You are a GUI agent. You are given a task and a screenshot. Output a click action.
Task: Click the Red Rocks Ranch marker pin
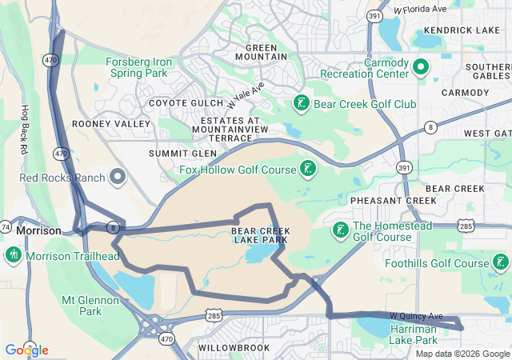coord(118,176)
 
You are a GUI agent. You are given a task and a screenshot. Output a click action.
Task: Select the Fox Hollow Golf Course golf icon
coord(306,168)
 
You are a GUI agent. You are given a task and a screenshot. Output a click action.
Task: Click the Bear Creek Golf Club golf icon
coord(301,103)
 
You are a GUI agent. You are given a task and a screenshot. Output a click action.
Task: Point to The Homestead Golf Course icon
coord(339,230)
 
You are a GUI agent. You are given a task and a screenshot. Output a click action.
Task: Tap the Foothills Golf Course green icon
coord(500,262)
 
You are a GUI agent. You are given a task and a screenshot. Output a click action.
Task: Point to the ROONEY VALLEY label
coord(110,124)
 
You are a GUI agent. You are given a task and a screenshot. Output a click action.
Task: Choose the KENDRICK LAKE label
coord(455,30)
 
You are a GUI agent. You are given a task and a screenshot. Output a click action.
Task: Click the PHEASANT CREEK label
coord(382,200)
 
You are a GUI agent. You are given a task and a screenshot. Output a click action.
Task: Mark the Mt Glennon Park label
coord(90,306)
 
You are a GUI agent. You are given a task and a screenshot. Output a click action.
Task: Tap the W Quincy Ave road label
coord(415,316)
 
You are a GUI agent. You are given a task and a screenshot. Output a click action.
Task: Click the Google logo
coord(26,350)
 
